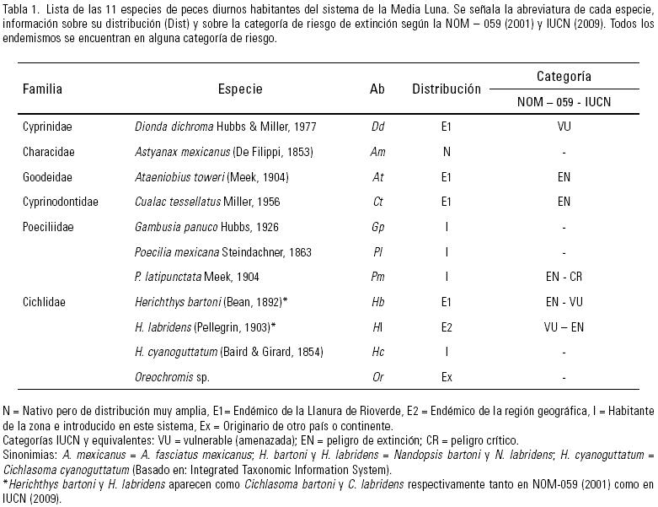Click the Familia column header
point(42,89)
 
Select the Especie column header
point(240,89)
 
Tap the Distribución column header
point(446,89)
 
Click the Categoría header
point(564,76)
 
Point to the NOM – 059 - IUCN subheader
point(564,102)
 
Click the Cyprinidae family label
point(47,127)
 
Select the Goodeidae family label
point(46,177)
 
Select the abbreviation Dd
point(377,127)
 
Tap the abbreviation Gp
point(377,227)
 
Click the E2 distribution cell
point(447,326)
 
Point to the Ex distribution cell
point(447,376)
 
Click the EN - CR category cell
point(564,277)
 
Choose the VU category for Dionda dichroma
point(564,127)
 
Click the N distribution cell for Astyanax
point(447,152)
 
